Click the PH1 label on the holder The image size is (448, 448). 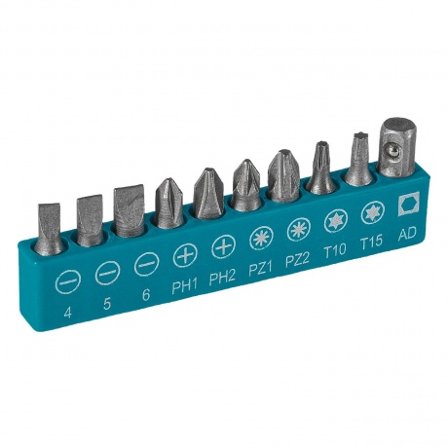(184, 286)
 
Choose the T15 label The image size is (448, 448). (372, 242)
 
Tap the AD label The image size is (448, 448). (407, 233)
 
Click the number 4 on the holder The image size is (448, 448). (67, 313)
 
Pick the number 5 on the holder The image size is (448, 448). (107, 304)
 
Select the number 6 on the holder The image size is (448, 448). (146, 295)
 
